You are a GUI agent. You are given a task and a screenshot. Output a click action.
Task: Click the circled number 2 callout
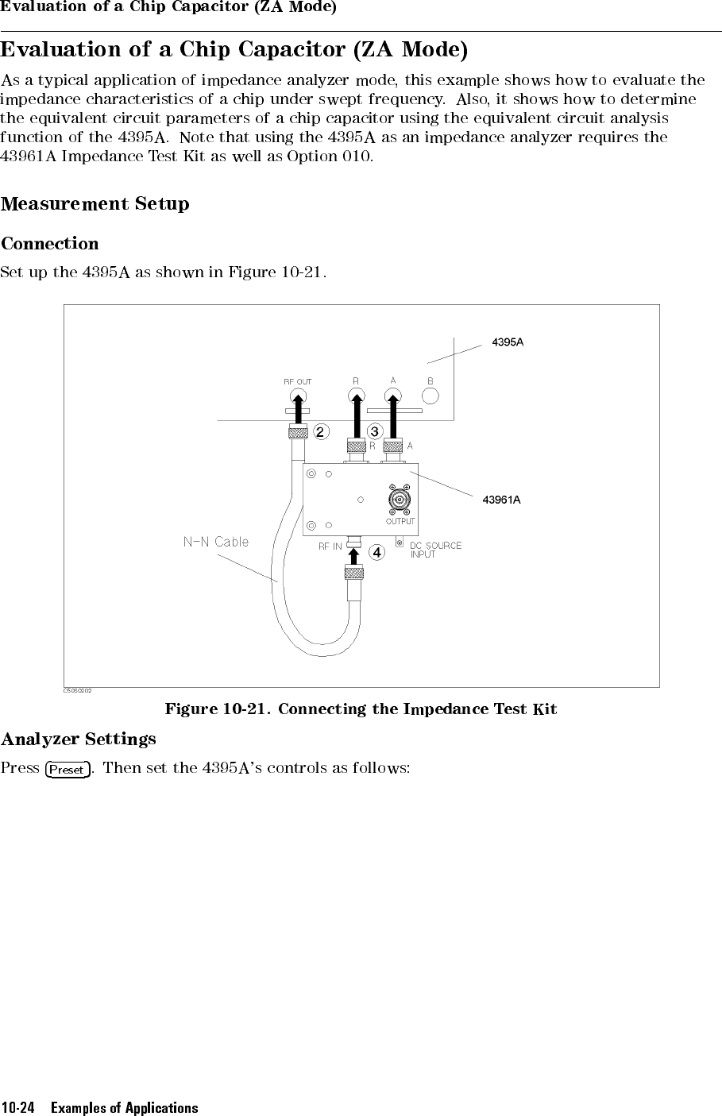coord(320,432)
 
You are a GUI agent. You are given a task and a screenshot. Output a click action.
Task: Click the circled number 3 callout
coord(375,431)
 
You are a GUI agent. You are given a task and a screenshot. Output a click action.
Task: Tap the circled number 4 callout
coord(377,553)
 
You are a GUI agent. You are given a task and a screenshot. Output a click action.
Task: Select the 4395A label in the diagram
coord(508,342)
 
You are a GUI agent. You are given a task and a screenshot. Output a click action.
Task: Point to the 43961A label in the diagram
coord(501,500)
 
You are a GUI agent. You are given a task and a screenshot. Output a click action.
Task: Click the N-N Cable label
coord(216,542)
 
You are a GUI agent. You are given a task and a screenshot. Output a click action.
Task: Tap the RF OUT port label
coord(298,381)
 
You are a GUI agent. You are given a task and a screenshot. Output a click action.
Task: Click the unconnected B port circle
coord(430,396)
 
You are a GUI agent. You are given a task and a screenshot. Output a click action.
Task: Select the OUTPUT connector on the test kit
coord(399,500)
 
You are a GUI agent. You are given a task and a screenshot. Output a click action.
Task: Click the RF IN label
coord(330,546)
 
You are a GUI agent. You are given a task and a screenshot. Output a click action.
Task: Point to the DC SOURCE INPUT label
coord(436,550)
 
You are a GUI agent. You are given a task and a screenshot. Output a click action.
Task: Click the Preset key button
coord(68,770)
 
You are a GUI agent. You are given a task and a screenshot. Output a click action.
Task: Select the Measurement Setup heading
coord(95,204)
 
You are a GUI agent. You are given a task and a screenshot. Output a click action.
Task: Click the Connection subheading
coord(50,244)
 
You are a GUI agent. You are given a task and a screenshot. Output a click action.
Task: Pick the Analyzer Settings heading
coord(78,739)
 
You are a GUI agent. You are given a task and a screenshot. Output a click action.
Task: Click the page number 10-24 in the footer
coord(18,1109)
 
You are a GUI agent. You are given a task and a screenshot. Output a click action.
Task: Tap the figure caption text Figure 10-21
coord(218,709)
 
